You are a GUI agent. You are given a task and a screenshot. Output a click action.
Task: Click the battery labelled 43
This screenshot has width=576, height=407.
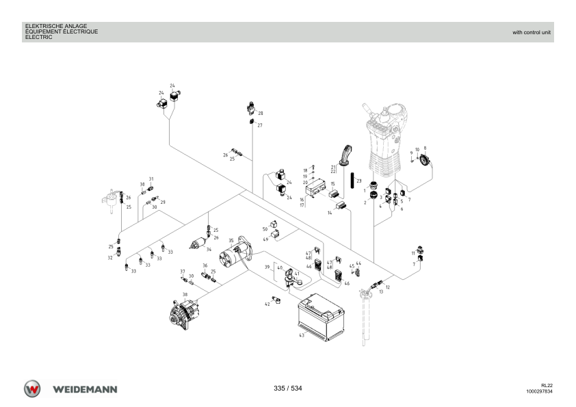click(x=321, y=317)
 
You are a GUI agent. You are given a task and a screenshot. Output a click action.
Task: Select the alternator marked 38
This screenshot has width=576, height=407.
click(x=183, y=315)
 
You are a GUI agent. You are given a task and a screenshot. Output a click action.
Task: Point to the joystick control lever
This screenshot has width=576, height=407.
click(x=385, y=140)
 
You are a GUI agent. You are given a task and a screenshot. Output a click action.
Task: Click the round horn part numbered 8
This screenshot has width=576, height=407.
click(x=425, y=160)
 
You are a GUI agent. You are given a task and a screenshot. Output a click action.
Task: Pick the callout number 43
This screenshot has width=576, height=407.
click(x=302, y=335)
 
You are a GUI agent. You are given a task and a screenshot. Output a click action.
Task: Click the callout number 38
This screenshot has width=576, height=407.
click(x=185, y=294)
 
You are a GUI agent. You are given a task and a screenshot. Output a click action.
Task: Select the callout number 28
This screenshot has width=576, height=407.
click(x=261, y=113)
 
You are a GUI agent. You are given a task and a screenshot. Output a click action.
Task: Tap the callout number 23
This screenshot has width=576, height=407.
click(x=359, y=181)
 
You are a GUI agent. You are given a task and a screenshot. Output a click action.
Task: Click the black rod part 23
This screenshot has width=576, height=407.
click(x=352, y=180)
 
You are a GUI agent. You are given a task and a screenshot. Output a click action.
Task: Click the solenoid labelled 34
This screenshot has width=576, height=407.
click(x=198, y=244)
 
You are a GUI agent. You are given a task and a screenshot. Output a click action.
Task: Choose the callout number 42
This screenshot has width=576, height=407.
click(x=267, y=304)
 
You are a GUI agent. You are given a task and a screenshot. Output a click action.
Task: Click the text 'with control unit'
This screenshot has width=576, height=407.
click(x=531, y=32)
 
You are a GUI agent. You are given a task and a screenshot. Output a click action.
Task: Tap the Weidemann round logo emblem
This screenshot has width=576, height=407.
click(x=32, y=389)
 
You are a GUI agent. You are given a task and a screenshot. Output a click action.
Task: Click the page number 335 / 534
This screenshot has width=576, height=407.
click(x=287, y=389)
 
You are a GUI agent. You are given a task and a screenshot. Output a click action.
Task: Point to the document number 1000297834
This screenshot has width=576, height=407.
click(x=539, y=391)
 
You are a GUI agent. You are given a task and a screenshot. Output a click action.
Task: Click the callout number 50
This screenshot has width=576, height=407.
click(x=265, y=229)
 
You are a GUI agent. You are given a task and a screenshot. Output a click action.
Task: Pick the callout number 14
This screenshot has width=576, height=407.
click(x=330, y=213)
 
